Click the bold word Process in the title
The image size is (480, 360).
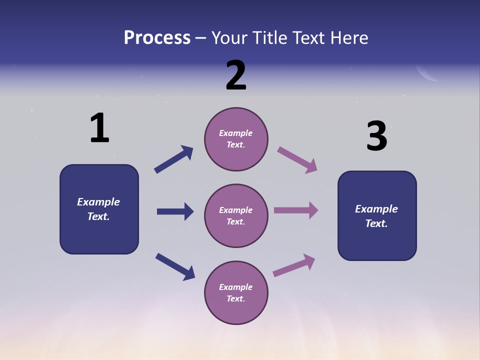pos(157,38)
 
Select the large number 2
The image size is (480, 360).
pos(236,75)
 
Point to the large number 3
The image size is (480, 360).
pos(376,136)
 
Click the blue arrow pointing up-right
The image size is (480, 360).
pos(174,159)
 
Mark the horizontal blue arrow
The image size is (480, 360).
pos(175,211)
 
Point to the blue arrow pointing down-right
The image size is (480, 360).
pos(175,266)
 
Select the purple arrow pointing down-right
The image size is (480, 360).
pos(297,159)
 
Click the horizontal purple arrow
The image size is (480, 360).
pos(296,210)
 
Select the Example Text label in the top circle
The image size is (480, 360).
pos(236,139)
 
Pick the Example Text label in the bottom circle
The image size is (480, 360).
pos(236,293)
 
